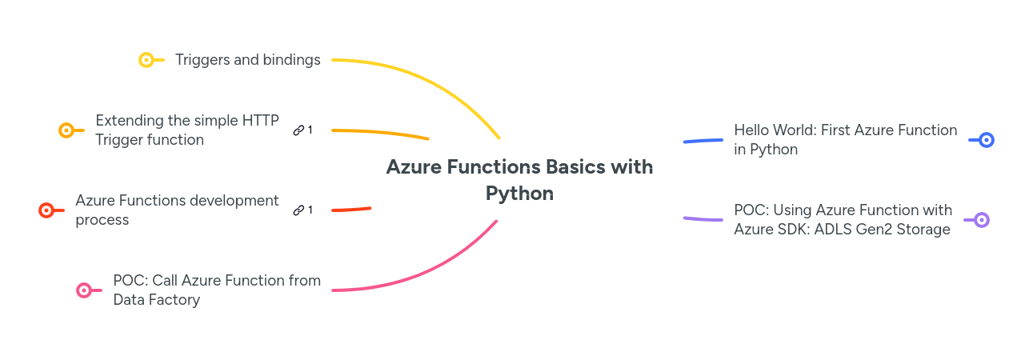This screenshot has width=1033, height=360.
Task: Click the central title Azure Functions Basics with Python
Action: (519, 180)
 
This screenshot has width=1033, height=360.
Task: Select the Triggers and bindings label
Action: (247, 60)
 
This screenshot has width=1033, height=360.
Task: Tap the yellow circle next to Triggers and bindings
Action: (146, 60)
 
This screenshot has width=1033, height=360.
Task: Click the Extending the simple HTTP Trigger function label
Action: (186, 130)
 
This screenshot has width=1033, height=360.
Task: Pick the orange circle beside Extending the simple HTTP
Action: (66, 130)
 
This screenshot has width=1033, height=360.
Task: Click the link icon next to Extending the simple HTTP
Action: (298, 130)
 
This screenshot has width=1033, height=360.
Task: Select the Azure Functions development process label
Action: (177, 210)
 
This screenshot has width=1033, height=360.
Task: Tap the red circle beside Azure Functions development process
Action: (46, 210)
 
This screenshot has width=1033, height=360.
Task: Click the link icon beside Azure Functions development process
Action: (298, 210)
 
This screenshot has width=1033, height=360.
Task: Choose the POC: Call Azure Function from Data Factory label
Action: (216, 290)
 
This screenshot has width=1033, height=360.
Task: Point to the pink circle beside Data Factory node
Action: (84, 290)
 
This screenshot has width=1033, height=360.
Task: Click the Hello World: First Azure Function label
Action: (845, 139)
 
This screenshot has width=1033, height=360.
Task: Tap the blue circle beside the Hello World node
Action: (987, 140)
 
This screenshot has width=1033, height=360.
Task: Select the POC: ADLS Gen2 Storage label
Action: (843, 219)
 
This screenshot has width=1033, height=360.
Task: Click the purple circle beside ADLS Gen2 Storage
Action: (982, 220)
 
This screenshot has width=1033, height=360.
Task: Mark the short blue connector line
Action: (703, 141)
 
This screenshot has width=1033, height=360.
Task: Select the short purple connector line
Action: (703, 218)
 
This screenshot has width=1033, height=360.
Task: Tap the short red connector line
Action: (351, 210)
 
